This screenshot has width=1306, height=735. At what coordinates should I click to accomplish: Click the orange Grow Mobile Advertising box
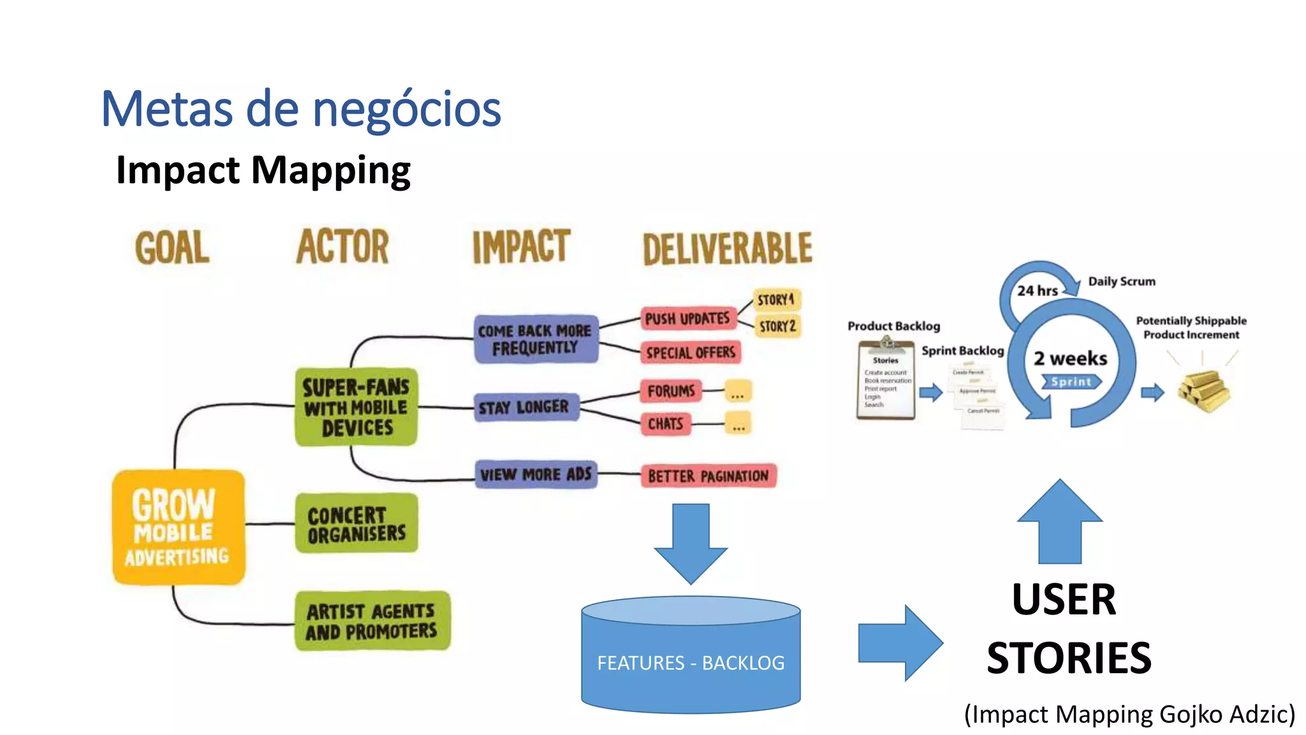(x=178, y=527)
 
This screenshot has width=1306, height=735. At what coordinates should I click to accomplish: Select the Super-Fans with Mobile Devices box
(x=356, y=407)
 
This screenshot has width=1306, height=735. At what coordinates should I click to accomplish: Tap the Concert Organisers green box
(x=356, y=523)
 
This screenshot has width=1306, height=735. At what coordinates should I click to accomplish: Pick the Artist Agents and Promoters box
(x=372, y=621)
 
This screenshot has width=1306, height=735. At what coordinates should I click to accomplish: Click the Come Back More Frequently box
(x=536, y=339)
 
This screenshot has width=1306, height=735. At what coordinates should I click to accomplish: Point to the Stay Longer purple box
(x=525, y=407)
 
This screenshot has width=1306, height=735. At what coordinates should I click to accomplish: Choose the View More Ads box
(x=536, y=474)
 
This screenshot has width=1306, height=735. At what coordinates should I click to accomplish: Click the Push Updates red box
(x=687, y=318)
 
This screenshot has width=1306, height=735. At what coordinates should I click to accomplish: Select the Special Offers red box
(x=691, y=352)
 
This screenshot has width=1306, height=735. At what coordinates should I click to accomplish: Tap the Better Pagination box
(x=708, y=476)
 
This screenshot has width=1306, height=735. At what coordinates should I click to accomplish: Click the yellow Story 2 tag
(x=777, y=327)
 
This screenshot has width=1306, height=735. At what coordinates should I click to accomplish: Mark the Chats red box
(x=665, y=424)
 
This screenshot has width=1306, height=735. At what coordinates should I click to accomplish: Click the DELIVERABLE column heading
(x=728, y=248)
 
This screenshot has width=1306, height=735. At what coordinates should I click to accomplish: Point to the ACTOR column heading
(x=342, y=246)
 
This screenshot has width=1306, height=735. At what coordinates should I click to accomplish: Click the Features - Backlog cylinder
(x=691, y=657)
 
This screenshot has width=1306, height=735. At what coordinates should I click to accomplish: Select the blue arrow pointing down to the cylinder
(x=691, y=542)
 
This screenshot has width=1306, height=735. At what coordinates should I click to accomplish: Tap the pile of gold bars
(x=1203, y=390)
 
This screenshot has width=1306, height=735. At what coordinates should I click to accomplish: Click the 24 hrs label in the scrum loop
(x=1037, y=291)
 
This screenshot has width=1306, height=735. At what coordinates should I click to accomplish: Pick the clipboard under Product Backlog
(x=886, y=381)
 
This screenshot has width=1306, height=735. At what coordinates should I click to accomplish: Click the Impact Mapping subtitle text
(x=263, y=170)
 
